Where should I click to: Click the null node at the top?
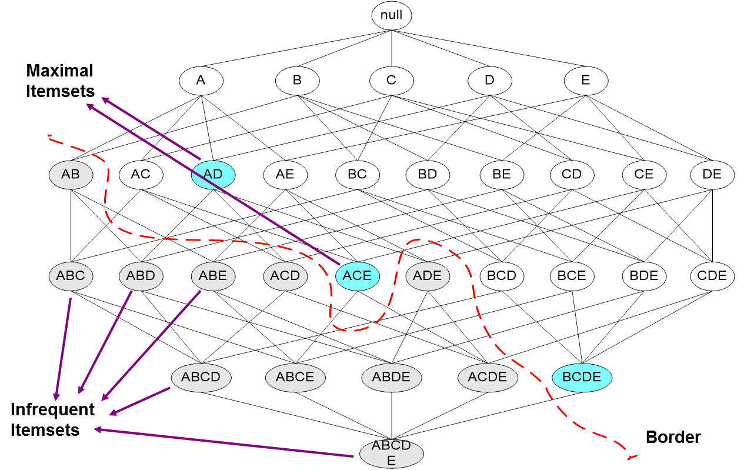point(392,16)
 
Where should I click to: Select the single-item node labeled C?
point(392,81)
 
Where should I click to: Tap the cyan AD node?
point(213,175)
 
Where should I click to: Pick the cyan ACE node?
point(358,275)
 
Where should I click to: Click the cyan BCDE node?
point(582,377)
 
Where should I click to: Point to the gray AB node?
point(71,175)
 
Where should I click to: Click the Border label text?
point(673,437)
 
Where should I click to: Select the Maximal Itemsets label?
point(60,81)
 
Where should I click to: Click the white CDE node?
point(712,275)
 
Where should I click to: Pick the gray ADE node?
point(428,275)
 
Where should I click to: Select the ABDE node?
point(392,377)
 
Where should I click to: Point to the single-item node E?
point(586,81)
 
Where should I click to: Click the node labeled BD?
point(428,175)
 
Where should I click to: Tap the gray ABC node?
point(71,275)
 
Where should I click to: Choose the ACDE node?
point(488,377)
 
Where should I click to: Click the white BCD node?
point(502,275)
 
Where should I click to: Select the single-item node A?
point(201,81)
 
